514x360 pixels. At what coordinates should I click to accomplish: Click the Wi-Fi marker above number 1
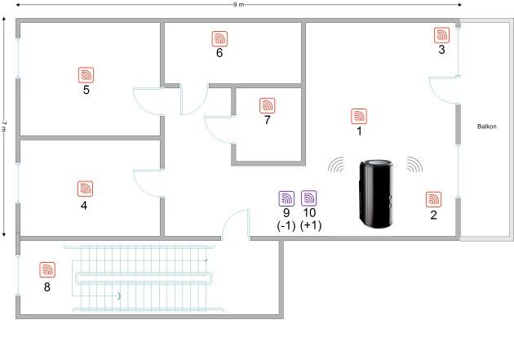(359, 117)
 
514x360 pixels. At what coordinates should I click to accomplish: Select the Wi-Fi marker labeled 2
(434, 199)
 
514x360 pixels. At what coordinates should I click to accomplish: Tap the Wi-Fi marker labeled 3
(442, 35)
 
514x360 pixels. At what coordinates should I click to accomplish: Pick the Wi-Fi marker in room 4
(85, 189)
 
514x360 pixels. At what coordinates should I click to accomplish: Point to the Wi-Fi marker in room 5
(86, 75)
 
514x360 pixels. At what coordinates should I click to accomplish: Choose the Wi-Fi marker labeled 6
(219, 38)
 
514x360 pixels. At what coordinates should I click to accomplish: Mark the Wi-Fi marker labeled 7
(268, 105)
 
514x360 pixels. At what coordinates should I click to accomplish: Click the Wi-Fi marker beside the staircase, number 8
(47, 270)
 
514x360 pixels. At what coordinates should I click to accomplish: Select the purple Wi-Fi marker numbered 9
(286, 198)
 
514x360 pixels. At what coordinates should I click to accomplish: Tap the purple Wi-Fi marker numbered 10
(309, 198)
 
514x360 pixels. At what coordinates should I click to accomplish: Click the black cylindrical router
(376, 193)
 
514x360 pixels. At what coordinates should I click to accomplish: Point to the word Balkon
(487, 127)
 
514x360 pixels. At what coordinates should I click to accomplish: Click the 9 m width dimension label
(238, 5)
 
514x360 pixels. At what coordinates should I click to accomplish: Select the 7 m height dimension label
(3, 126)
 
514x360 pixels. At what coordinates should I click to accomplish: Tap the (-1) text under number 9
(286, 225)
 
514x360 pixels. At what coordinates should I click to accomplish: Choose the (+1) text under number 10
(311, 225)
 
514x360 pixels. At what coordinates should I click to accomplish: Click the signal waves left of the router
(336, 165)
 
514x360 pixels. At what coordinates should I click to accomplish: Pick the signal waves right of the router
(414, 165)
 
